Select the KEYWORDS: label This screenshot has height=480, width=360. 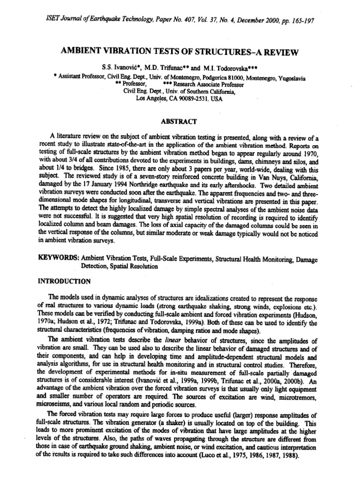coord(58,258)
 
